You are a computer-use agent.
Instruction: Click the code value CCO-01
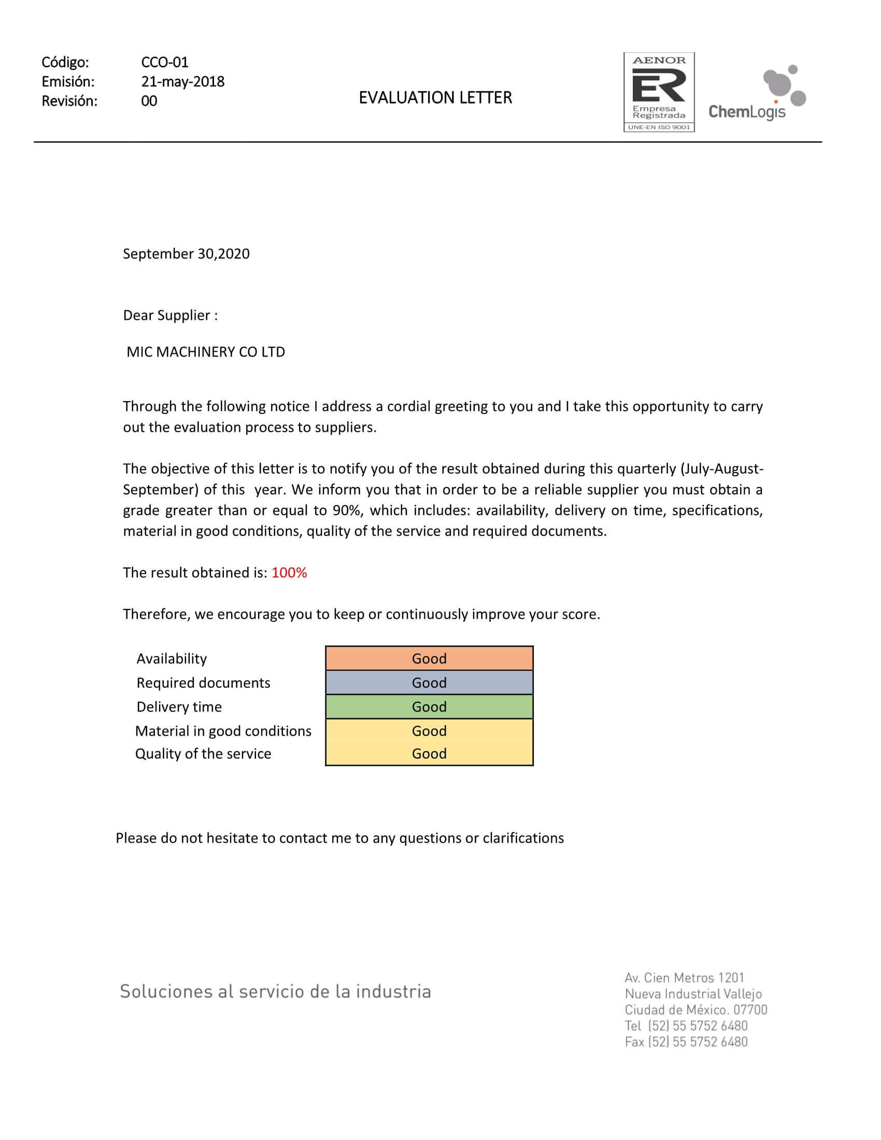(x=164, y=62)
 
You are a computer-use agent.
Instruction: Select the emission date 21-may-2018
(x=182, y=81)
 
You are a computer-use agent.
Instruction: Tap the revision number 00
(x=149, y=101)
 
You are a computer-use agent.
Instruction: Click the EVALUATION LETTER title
(x=435, y=97)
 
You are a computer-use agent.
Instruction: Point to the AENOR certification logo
(x=659, y=92)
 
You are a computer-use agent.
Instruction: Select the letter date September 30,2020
(x=186, y=254)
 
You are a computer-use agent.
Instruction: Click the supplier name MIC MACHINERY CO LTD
(x=206, y=352)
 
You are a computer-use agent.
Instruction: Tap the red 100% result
(x=289, y=573)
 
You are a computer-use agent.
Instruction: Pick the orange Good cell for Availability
(x=429, y=658)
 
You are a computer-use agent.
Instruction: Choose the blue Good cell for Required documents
(x=429, y=682)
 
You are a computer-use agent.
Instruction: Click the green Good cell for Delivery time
(x=429, y=706)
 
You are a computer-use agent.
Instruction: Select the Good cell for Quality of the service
(x=429, y=753)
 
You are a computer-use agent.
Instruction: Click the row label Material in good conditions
(x=223, y=731)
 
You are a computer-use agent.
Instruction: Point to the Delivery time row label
(x=179, y=707)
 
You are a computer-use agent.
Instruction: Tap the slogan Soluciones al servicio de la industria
(x=276, y=991)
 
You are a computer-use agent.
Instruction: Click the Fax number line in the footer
(x=686, y=1042)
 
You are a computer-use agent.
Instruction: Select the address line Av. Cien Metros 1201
(x=684, y=977)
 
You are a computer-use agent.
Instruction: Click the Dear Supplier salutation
(x=170, y=315)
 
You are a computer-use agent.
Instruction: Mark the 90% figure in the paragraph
(x=347, y=510)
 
